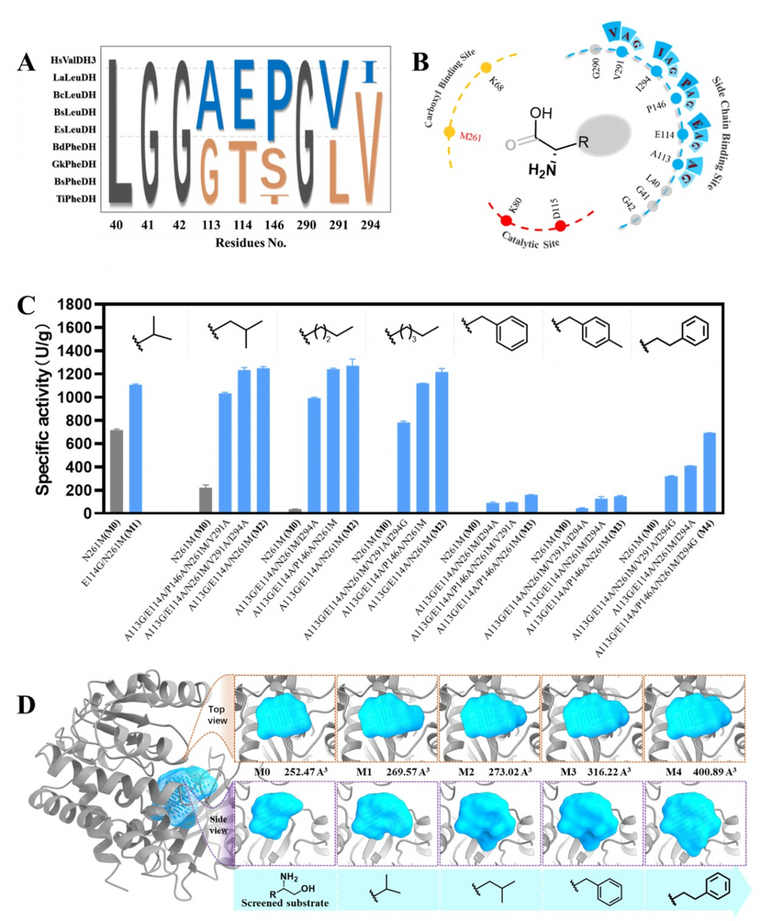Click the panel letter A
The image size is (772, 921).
[x=26, y=63]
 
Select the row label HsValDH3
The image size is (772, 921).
[x=73, y=60]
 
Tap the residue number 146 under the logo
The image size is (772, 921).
[x=274, y=225]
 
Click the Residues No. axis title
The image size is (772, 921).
[x=251, y=242]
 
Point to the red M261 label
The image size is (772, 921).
[x=470, y=137]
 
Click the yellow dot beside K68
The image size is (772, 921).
[x=486, y=68]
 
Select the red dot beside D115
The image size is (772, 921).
[x=560, y=226]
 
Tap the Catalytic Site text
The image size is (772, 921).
[x=530, y=241]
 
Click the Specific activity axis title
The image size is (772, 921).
[x=43, y=409]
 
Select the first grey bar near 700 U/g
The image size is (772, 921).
[x=116, y=471]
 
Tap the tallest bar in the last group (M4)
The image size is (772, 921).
[x=709, y=473]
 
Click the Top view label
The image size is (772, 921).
[x=217, y=715]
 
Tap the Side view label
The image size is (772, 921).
[x=218, y=825]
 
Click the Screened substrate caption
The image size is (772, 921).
[x=284, y=903]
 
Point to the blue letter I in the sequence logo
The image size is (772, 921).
[x=369, y=71]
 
